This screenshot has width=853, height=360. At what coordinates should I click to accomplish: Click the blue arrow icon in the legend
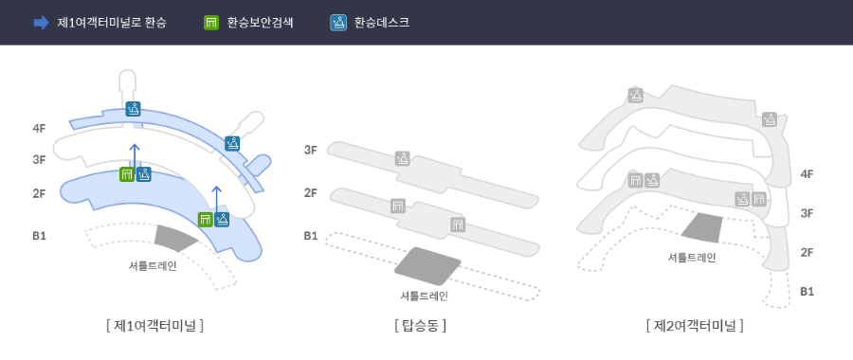(41, 22)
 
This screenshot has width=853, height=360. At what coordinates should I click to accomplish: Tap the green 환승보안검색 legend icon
(211, 22)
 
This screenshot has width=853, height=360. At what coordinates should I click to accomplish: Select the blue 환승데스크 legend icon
(338, 22)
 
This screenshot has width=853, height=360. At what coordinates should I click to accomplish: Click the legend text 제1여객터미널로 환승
(111, 22)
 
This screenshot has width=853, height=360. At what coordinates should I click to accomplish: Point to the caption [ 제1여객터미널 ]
(155, 325)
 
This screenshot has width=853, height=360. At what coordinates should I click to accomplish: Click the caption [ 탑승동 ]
(420, 325)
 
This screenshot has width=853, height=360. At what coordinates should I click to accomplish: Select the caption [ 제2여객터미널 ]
(695, 325)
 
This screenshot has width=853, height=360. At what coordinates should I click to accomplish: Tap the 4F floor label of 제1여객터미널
(39, 128)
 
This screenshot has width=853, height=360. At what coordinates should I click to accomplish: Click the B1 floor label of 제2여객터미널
(807, 291)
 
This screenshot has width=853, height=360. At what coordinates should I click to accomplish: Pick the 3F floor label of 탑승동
(311, 150)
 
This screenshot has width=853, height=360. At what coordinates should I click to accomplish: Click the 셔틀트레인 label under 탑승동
(424, 296)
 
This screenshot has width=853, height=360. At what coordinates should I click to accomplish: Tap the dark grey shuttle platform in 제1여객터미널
(176, 239)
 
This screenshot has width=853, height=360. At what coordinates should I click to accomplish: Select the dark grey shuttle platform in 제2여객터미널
(701, 227)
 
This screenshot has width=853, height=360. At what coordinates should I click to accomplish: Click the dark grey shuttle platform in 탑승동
(427, 265)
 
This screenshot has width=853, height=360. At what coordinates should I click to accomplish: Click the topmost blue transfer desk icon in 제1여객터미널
(134, 108)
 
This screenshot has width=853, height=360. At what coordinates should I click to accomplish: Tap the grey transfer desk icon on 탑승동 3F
(403, 159)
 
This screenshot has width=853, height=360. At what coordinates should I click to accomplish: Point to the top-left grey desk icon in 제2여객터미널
(636, 95)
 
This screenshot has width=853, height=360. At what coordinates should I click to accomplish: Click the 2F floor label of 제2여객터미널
(807, 252)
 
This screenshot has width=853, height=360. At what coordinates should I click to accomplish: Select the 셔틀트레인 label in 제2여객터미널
(691, 257)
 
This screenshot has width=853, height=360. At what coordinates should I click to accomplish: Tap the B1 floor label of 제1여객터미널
(39, 235)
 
